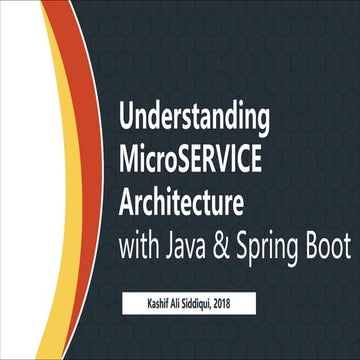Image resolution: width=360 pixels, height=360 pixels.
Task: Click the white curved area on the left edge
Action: (x=25, y=180)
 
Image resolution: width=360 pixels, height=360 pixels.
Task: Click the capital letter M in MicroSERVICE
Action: (x=128, y=158)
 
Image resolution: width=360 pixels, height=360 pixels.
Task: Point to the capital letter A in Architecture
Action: (x=126, y=195)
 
